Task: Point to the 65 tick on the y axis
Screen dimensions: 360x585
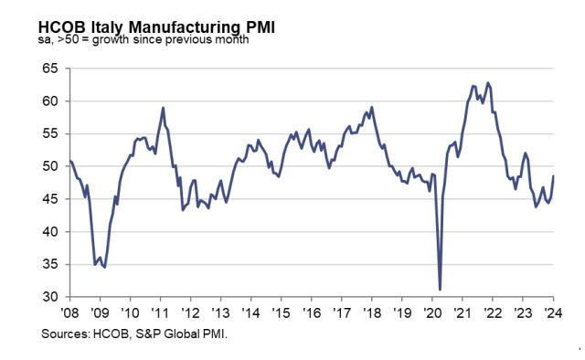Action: [x=49, y=69]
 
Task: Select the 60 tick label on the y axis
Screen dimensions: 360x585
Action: [x=49, y=101]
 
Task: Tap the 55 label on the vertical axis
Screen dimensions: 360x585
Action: [x=49, y=134]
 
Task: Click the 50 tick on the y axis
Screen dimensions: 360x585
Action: [x=49, y=166]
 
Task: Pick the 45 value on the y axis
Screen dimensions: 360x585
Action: [x=49, y=199]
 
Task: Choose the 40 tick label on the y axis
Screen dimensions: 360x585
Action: [x=49, y=232]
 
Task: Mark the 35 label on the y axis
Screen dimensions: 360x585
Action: [x=49, y=265]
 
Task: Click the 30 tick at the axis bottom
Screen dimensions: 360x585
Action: [x=49, y=297]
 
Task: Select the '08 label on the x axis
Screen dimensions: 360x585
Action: [x=69, y=312]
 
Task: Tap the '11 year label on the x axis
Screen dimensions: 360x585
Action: [x=160, y=312]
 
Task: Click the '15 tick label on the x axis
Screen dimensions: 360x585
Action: [x=281, y=312]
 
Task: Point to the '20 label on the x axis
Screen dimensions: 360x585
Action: [x=431, y=312]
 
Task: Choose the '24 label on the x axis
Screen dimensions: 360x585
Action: [x=553, y=312]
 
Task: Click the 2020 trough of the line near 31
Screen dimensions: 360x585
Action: [x=441, y=290]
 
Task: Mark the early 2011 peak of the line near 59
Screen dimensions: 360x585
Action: [x=163, y=108]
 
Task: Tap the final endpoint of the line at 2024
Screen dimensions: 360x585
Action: [x=554, y=176]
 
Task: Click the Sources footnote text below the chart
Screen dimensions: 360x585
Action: [x=133, y=335]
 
